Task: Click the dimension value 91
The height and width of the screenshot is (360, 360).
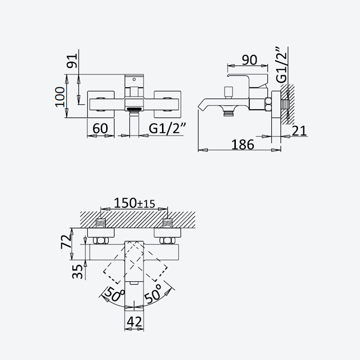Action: [72, 61]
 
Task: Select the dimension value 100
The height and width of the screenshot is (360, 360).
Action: [60, 97]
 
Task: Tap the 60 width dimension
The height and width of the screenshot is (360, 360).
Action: [100, 128]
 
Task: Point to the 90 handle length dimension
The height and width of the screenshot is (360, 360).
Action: [249, 60]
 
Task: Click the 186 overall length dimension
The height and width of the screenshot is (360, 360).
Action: [243, 144]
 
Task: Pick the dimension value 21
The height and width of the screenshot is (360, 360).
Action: [299, 130]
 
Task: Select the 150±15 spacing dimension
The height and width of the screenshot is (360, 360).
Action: [135, 203]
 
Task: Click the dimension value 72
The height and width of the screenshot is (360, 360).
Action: [66, 242]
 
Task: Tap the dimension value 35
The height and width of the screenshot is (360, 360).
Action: [77, 272]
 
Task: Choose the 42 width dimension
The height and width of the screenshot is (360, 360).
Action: [134, 322]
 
